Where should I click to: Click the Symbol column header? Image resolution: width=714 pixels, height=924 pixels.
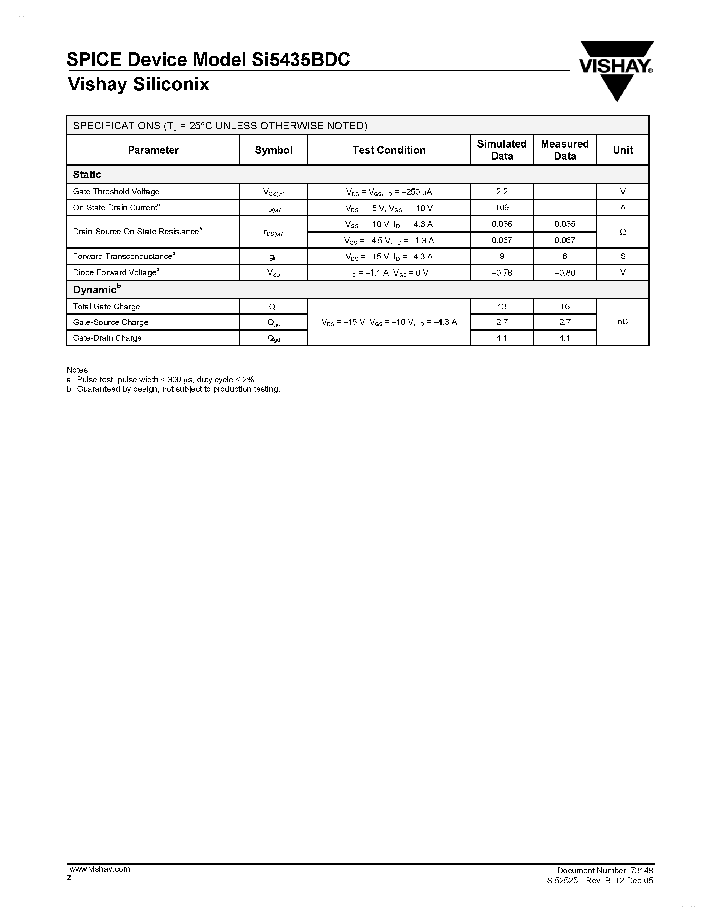coord(273,150)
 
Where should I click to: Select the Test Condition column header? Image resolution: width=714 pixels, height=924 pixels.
coord(389,150)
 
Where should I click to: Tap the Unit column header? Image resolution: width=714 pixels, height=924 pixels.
coord(623,150)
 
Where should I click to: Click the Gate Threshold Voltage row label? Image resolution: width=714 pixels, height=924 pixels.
coord(116,192)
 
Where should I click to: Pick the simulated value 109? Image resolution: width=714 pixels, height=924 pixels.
coord(502,208)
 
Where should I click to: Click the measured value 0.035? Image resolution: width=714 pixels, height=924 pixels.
coord(565,224)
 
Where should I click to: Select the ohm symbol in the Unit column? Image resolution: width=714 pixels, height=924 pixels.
coord(623,232)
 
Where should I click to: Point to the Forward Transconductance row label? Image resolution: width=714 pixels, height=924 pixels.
coord(123,256)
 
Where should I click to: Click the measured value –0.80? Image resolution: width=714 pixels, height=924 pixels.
coord(565,273)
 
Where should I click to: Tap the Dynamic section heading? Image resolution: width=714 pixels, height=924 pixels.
coord(95,290)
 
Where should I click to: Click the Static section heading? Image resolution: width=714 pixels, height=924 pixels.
coord(87,175)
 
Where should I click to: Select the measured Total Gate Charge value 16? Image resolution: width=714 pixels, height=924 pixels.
coord(565,307)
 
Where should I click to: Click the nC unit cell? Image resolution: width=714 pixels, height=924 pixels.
coord(623,322)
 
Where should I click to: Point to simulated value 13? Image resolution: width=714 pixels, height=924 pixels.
coord(502,307)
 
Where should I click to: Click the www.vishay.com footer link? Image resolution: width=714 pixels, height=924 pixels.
coord(99,869)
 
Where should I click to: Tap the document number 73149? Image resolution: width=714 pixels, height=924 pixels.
coord(641,870)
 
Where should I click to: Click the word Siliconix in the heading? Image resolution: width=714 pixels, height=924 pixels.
coord(171,85)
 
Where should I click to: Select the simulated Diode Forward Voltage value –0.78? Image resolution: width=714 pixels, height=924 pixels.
coord(502,273)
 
